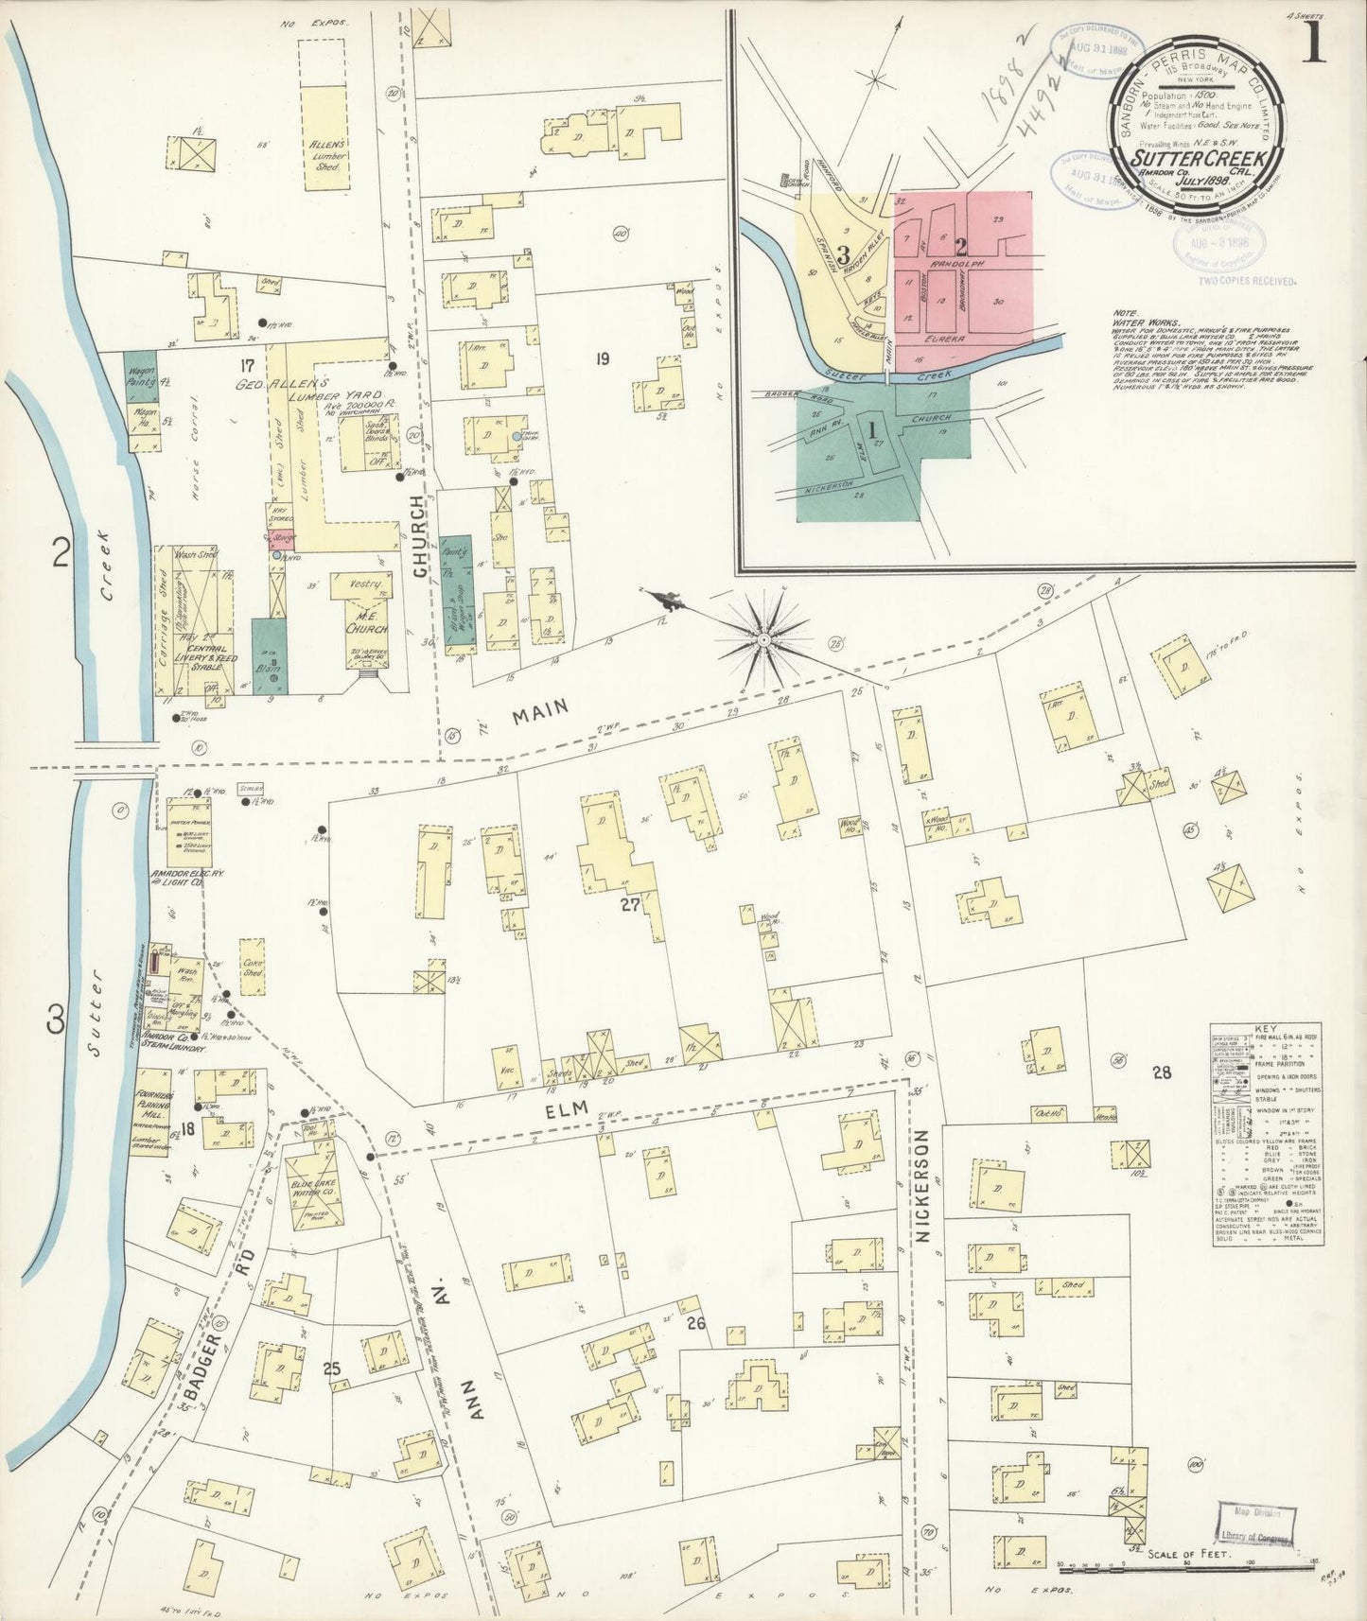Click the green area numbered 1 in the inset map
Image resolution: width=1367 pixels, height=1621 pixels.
coord(870,428)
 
